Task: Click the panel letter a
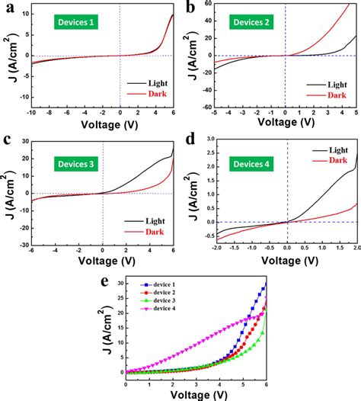(7, 7)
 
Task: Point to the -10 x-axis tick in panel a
(31, 112)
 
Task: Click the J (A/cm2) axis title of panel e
(97, 329)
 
